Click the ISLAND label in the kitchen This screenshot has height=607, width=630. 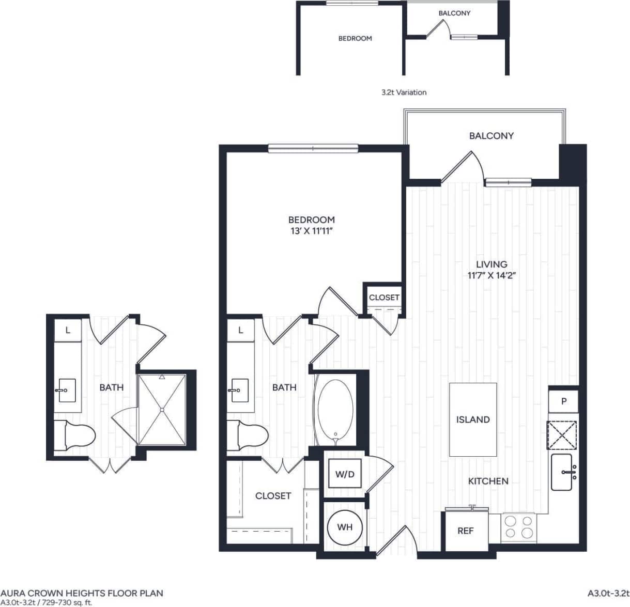point(472,419)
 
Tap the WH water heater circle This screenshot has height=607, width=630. point(345,527)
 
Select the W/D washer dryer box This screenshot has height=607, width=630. point(345,474)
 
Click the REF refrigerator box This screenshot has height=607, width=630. point(466,531)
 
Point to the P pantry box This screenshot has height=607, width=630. point(563,401)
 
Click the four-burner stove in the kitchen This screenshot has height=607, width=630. point(518,527)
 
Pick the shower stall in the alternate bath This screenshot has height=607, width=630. point(162,409)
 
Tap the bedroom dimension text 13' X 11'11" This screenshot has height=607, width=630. point(311,231)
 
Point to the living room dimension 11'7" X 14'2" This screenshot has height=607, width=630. point(491,275)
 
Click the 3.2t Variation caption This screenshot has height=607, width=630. point(404,92)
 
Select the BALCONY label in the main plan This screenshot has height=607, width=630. point(491,136)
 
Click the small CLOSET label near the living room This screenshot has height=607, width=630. point(384,298)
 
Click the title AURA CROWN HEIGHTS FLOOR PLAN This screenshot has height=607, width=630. point(82,593)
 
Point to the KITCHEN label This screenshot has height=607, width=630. point(488,481)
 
